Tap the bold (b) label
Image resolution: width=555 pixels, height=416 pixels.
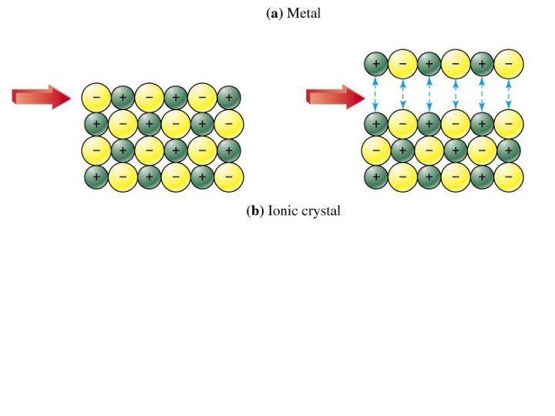click(x=255, y=211)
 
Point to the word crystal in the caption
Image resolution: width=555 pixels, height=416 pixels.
click(x=322, y=212)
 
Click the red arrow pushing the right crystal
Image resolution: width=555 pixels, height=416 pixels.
click(x=334, y=96)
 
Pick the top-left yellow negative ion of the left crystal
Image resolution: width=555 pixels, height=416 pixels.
click(x=96, y=98)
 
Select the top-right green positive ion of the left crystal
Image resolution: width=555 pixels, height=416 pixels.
click(x=228, y=98)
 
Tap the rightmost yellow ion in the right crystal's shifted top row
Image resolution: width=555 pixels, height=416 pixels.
click(x=507, y=62)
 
